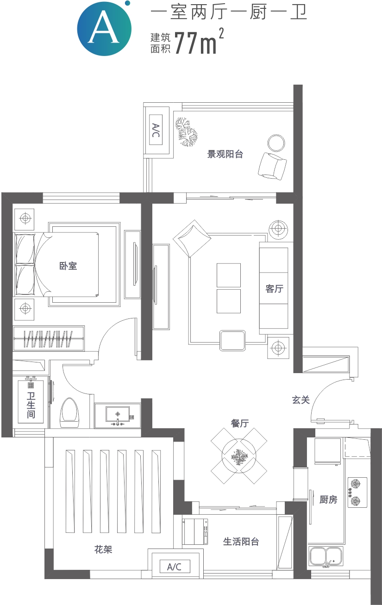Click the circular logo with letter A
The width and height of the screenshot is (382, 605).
point(104,28)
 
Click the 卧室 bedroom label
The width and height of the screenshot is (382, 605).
point(68,266)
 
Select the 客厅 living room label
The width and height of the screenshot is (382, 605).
point(274,289)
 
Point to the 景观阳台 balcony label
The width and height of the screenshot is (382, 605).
point(225,154)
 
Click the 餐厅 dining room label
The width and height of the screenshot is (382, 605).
point(240,423)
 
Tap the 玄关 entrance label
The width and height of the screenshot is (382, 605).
point(301,400)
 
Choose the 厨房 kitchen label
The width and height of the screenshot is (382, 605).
point(328,499)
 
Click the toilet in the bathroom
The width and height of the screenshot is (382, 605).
point(70,413)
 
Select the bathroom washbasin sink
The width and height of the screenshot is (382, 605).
point(118,416)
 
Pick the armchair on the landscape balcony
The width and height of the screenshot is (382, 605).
point(272,166)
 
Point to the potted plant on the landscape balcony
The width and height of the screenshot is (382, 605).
point(186,132)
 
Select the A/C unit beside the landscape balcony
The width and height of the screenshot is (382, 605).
point(156,130)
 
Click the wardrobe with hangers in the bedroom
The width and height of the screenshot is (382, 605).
point(49,338)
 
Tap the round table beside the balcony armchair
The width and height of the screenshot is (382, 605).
point(276,143)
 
